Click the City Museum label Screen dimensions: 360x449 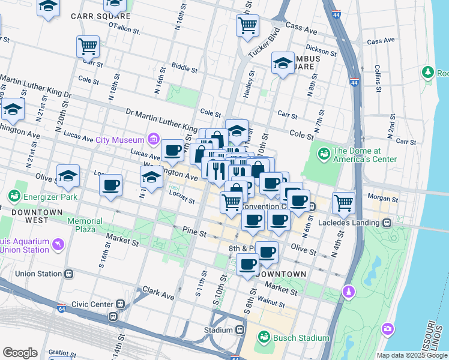click(120, 140)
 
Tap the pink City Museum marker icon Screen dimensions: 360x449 click(154, 140)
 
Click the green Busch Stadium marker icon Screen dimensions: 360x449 click(263, 338)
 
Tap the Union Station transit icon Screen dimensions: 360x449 click(69, 274)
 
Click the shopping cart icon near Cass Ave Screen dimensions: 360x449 click(247, 26)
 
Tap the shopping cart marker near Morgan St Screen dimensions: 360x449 click(343, 203)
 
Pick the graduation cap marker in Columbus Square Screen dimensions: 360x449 click(283, 63)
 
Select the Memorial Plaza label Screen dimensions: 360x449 click(89, 225)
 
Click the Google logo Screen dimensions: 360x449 click(20, 353)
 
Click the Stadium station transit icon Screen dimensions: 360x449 click(240, 330)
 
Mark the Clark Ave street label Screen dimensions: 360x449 click(158, 295)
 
